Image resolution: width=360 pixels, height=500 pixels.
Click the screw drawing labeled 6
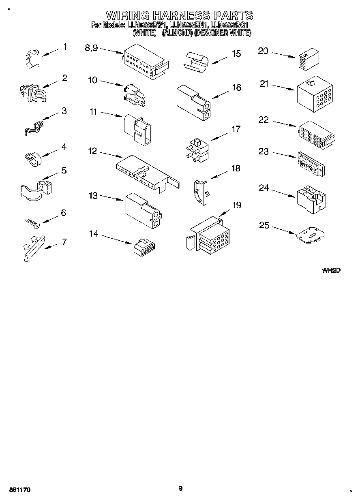pos(31,222)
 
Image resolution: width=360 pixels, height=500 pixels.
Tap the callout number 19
pos(236,205)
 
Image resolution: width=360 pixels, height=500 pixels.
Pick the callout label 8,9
pos(91,48)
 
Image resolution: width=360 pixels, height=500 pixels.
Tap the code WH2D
pos(331,270)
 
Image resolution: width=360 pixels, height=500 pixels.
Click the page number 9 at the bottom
pos(180,488)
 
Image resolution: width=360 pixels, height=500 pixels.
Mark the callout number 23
pos(264,152)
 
